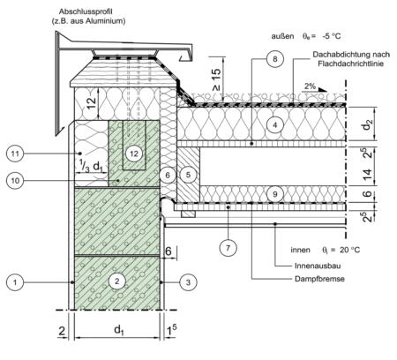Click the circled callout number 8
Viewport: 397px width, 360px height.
[x=275, y=59]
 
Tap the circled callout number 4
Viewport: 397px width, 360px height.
[x=275, y=125]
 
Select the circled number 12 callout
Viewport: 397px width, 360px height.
[x=134, y=154]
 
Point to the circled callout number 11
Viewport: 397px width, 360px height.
[x=15, y=154]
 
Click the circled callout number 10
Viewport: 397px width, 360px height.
[x=15, y=180]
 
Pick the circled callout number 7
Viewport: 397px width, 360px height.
[x=228, y=248]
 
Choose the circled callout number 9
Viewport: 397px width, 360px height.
[x=275, y=194]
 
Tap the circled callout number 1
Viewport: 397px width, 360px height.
[x=15, y=282]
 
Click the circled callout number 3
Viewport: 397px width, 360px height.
[x=188, y=282]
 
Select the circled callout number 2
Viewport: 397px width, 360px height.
[x=117, y=281]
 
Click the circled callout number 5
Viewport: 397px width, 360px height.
[x=188, y=175]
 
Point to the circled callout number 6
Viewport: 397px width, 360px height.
[x=168, y=176]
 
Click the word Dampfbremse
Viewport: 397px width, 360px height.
[x=319, y=279]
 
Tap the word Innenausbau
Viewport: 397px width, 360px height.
[x=318, y=266]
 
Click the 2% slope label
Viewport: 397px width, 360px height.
[x=311, y=86]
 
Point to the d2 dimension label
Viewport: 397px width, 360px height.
[x=367, y=125]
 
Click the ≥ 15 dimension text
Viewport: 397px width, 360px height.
[x=216, y=79]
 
